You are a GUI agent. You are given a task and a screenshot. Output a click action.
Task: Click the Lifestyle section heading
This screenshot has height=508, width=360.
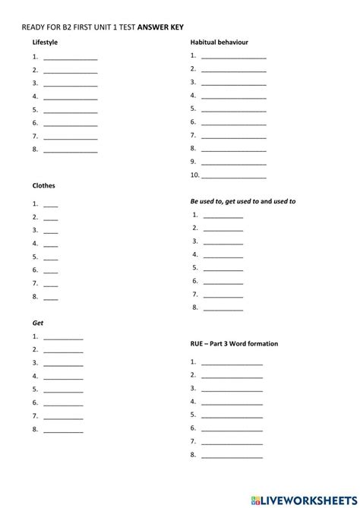click(x=45, y=43)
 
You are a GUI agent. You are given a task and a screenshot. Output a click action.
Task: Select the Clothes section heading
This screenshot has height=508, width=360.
click(x=43, y=185)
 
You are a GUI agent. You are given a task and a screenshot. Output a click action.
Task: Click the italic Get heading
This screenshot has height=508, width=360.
click(x=37, y=323)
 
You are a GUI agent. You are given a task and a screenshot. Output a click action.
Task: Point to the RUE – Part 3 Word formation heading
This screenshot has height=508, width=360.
click(x=233, y=344)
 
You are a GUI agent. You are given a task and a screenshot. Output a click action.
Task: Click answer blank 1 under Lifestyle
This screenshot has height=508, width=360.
click(x=71, y=58)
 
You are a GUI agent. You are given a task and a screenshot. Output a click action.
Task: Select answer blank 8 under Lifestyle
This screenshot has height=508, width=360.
click(x=71, y=150)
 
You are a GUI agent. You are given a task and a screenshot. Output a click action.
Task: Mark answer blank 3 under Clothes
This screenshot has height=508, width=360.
click(x=51, y=231)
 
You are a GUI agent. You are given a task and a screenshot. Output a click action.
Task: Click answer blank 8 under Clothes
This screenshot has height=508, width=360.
click(x=51, y=297)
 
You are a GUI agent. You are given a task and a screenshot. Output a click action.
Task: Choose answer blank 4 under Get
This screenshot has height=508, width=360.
click(x=64, y=377)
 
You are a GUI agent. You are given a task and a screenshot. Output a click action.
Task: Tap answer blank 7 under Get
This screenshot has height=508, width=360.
click(x=64, y=417)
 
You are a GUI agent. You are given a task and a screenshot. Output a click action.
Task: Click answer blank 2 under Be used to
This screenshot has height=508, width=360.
click(x=224, y=229)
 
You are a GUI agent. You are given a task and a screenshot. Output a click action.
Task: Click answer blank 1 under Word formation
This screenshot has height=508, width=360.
click(x=232, y=364)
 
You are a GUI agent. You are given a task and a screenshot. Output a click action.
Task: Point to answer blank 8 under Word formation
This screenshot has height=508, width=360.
click(x=232, y=456)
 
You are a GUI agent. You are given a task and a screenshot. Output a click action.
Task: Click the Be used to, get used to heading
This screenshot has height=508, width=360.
click(x=242, y=202)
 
